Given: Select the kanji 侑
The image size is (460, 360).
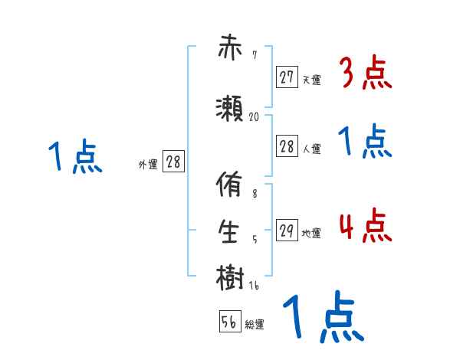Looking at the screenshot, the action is click(231, 188).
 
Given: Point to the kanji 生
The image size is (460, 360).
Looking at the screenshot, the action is click(231, 233).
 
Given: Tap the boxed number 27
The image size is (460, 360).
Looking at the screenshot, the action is click(287, 77).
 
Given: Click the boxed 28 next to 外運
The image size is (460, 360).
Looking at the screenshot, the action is click(173, 162).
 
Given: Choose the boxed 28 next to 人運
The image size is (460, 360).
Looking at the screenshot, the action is click(287, 146).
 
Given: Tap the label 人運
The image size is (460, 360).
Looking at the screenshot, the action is click(312, 149).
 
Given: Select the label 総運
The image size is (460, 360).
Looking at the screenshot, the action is click(255, 325).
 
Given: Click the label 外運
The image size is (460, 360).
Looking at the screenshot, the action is click(148, 165).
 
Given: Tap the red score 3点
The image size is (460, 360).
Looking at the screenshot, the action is click(364, 74).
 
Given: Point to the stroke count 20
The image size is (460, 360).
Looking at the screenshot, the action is click(255, 117).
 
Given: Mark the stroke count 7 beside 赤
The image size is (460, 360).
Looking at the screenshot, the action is click(254, 55).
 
